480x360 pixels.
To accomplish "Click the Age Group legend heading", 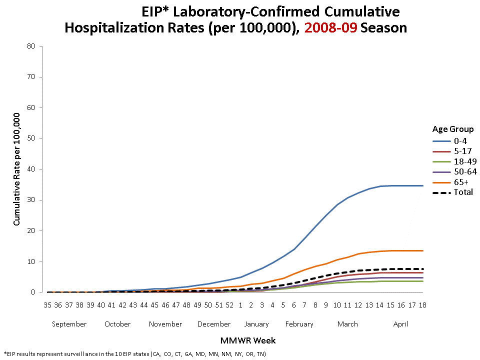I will [453, 129].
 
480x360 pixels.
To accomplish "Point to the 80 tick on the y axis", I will [31, 46].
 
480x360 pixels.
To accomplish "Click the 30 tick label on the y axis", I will [31, 200].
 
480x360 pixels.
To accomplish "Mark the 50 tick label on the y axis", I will [31, 138].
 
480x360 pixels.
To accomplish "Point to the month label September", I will [69, 324].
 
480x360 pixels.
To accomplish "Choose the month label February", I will [299, 324].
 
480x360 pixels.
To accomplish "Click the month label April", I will [400, 324].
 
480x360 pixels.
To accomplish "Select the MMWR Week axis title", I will [248, 341].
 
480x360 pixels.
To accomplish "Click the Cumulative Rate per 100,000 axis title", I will [17, 169].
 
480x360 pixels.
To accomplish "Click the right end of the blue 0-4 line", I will [422, 185].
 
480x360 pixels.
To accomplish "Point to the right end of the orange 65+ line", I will [422, 250].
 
